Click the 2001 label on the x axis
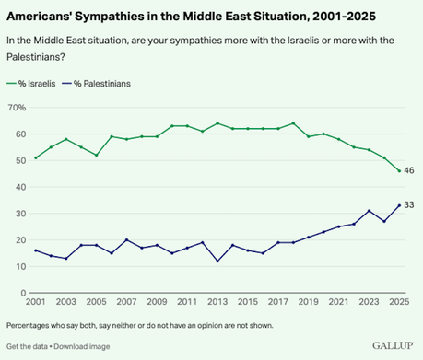(35, 302)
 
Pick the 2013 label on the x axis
(217, 302)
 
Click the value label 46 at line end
(409, 171)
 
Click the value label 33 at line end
(409, 205)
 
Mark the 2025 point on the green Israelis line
(398, 171)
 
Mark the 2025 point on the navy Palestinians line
(398, 205)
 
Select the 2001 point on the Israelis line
(35, 157)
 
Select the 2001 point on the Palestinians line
(35, 250)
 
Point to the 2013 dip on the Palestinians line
(217, 261)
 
